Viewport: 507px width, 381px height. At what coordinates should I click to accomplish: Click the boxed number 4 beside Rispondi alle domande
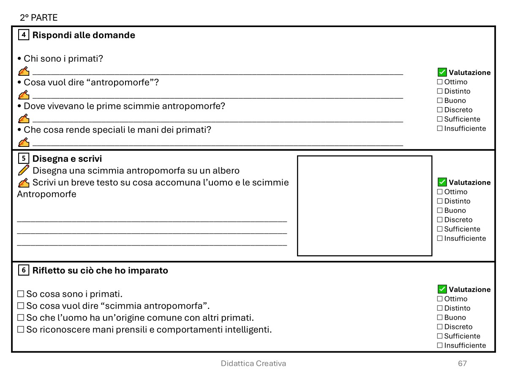click(x=24, y=35)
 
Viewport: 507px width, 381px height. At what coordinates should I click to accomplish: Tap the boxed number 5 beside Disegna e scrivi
click(x=24, y=159)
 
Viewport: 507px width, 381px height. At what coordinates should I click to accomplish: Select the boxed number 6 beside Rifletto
click(x=24, y=270)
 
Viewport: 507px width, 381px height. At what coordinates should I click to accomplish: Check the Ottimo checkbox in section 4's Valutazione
click(x=440, y=82)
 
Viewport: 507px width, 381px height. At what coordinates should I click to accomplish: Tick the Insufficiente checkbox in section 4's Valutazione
click(x=440, y=128)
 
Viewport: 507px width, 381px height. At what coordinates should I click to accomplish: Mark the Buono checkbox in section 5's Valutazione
click(x=440, y=210)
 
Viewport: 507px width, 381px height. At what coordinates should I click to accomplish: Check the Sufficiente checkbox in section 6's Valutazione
click(x=440, y=336)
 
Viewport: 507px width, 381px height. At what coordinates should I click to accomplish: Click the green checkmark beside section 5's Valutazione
click(x=442, y=182)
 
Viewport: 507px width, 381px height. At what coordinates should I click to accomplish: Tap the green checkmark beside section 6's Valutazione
click(x=442, y=289)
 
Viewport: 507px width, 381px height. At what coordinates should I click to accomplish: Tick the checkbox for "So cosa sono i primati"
click(x=21, y=294)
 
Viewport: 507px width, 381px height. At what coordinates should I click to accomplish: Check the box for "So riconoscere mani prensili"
click(x=21, y=329)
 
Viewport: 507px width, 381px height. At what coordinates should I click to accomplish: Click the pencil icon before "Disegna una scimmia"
click(x=24, y=171)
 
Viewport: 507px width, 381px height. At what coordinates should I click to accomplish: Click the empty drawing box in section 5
click(x=364, y=206)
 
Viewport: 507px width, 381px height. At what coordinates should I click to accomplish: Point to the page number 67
click(x=462, y=363)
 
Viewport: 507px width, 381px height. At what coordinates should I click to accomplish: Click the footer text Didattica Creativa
click(x=253, y=363)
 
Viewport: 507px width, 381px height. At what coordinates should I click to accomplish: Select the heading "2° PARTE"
click(x=38, y=18)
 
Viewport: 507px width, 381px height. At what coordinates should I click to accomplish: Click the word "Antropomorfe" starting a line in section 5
click(x=46, y=194)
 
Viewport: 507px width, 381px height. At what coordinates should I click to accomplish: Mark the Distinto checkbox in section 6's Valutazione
click(x=440, y=308)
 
